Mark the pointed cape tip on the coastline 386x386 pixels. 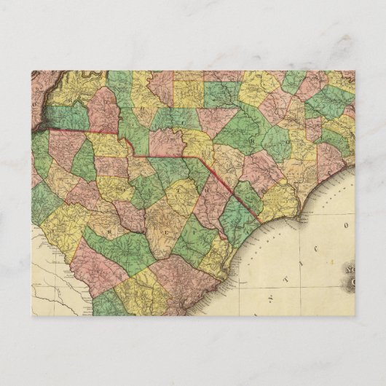[301, 216]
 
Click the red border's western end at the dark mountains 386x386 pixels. [48, 130]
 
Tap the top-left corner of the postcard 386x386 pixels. [31, 71]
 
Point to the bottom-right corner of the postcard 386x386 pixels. [355, 316]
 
